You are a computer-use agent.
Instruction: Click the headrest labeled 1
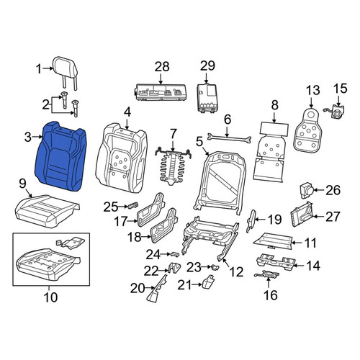66,68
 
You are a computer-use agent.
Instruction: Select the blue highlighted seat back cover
60,156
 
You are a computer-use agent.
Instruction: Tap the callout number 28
162,67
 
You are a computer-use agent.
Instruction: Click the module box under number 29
207,98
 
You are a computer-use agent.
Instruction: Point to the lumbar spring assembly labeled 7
174,168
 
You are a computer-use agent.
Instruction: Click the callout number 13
313,90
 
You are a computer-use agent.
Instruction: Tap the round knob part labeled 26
307,190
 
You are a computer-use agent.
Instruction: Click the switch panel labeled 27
302,215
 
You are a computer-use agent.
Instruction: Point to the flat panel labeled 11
273,241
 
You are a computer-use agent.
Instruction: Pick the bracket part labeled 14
276,262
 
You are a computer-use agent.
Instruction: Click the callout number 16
271,294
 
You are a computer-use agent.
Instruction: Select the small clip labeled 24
175,254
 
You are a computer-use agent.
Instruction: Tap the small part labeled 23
215,267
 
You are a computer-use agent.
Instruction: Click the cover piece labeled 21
208,283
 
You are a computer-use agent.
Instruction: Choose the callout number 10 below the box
50,297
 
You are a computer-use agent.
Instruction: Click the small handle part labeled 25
132,206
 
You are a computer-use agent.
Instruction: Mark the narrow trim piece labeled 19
251,220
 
